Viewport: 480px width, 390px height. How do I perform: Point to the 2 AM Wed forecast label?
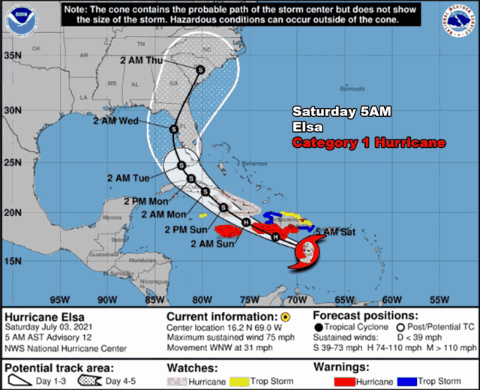point(115,120)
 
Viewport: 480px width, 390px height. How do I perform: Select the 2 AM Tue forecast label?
point(129,178)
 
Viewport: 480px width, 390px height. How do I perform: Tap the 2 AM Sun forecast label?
point(192,243)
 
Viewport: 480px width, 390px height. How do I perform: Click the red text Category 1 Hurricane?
point(368,142)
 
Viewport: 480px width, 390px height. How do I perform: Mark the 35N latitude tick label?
point(11,55)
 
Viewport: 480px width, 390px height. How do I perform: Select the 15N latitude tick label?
point(11,260)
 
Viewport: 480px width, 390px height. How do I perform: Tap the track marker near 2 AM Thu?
point(200,70)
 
